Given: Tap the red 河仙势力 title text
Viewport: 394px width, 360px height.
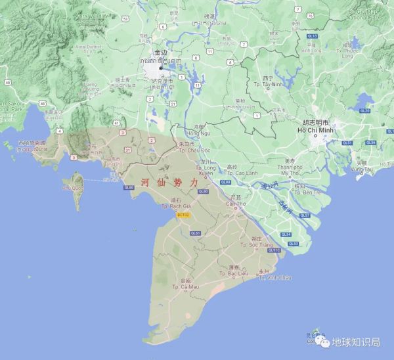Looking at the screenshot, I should click(x=169, y=183).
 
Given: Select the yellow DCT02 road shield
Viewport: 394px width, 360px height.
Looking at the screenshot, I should click(x=183, y=215).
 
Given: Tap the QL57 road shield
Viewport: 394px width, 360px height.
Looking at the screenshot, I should click(x=304, y=215).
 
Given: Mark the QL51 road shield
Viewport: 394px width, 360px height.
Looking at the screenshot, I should click(x=348, y=143).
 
